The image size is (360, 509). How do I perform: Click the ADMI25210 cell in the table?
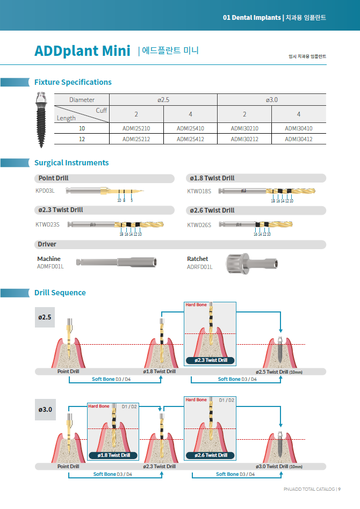coord(136,128)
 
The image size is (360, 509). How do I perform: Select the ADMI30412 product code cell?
coord(298,139)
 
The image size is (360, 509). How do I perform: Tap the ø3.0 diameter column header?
coord(271,100)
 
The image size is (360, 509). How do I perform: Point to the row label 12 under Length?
coord(82,139)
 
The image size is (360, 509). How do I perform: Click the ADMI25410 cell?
coord(190,128)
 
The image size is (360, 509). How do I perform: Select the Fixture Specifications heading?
coord(73,82)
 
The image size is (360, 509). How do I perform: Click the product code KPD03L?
coord(45,191)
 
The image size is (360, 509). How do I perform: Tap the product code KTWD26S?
coord(198,225)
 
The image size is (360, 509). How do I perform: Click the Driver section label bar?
coord(47,244)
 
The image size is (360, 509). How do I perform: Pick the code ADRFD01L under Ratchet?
coord(199,267)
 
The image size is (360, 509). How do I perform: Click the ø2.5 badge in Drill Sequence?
coord(45,317)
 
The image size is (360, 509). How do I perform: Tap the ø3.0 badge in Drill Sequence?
coord(45,410)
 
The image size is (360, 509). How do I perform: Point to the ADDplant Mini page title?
coord(82,51)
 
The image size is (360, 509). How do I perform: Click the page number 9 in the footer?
coord(340,489)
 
